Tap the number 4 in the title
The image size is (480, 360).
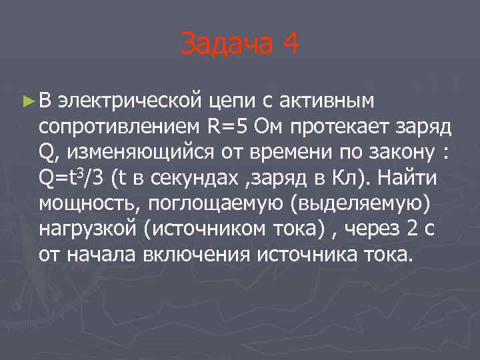[x=290, y=45]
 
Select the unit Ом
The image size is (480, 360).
[x=271, y=127]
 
